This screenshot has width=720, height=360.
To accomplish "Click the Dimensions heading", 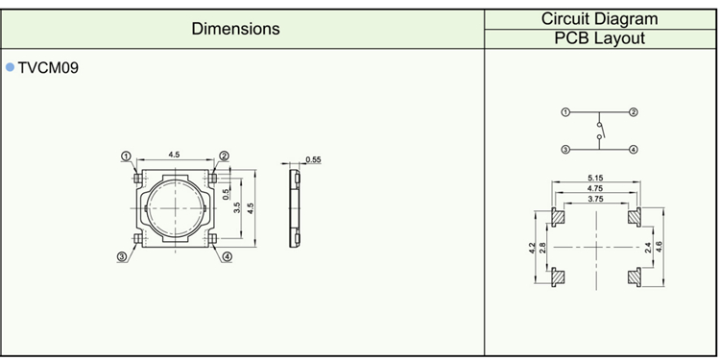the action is [x=235, y=29].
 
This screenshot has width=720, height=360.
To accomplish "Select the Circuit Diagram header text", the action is [x=599, y=19].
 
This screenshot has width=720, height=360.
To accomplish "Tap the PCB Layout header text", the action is [x=599, y=38].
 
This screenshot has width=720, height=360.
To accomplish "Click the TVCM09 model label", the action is [x=48, y=68].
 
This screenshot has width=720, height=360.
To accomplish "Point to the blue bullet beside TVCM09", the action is [x=11, y=67].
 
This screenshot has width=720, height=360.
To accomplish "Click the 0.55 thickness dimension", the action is [x=313, y=159].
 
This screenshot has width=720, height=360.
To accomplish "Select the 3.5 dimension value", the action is [x=237, y=208].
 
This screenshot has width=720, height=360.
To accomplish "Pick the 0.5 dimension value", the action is [x=226, y=194].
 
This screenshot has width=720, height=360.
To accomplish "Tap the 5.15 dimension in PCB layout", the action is [x=595, y=178].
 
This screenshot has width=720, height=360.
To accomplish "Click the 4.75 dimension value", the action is [x=595, y=188].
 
